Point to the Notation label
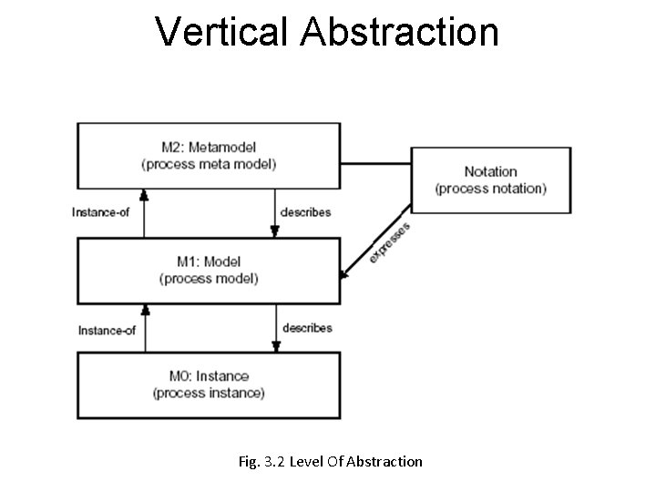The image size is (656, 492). pos(490,171)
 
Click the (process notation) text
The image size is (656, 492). pos(490,189)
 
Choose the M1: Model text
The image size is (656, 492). pos(209,261)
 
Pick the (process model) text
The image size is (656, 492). pos(209,278)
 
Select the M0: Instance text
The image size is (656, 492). pos(209,376)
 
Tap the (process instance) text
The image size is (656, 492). pos(209,393)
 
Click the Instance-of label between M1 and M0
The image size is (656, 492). pos(107,330)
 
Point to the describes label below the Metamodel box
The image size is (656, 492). pos(306,211)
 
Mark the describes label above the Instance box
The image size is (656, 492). pos(307,327)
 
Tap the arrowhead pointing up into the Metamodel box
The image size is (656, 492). pos(142,194)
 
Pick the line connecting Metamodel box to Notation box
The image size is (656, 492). pos(375,164)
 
